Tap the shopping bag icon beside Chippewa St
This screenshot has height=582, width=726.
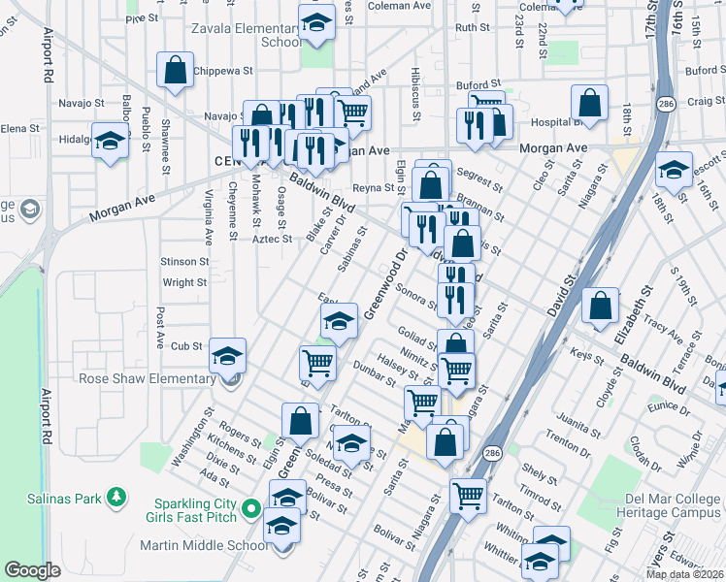tap(175, 71)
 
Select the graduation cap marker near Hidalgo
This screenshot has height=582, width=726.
tap(111, 141)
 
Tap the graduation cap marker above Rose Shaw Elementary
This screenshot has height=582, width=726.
tap(227, 357)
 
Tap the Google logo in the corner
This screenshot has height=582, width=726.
tap(32, 570)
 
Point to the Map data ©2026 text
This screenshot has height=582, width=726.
tap(684, 574)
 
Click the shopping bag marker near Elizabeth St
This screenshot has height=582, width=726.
tap(602, 306)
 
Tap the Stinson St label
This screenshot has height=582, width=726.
tap(184, 261)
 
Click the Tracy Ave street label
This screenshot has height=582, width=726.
tap(663, 329)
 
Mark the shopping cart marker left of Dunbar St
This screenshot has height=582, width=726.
tap(317, 364)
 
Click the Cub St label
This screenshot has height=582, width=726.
tap(185, 345)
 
